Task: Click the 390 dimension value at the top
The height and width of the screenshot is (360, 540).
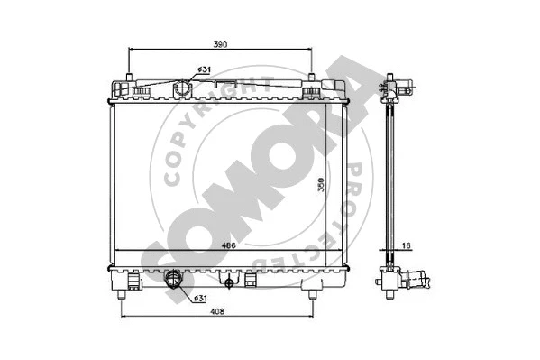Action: (220, 42)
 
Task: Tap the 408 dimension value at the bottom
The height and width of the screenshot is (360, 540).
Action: (219, 311)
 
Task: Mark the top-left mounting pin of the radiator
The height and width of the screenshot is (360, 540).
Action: (130, 78)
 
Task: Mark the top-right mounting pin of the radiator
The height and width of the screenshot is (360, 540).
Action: (312, 78)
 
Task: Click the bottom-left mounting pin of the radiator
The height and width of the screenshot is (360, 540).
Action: (123, 293)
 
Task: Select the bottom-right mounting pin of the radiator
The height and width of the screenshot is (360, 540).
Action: (312, 293)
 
